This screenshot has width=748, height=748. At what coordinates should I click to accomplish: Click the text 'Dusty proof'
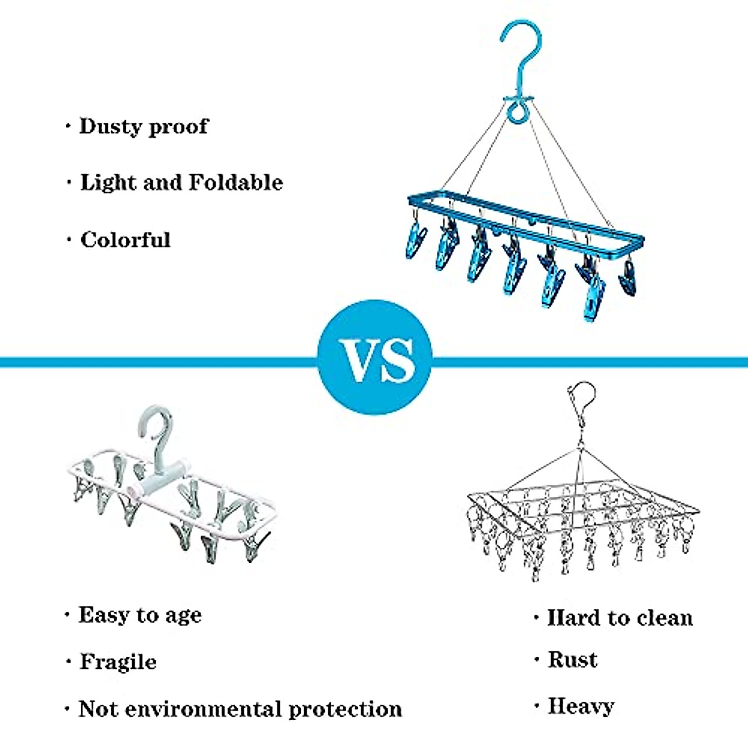[143, 127]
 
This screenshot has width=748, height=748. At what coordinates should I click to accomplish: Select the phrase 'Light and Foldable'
[181, 183]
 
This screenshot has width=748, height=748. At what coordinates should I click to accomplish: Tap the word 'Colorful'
[125, 240]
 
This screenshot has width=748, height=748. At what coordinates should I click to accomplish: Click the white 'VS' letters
[376, 360]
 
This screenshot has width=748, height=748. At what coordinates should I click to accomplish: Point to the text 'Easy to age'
[140, 616]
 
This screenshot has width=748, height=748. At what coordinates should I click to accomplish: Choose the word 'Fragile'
[118, 661]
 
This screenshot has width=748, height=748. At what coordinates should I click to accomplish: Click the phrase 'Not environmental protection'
[240, 709]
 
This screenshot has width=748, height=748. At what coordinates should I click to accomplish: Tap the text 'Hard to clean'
[620, 618]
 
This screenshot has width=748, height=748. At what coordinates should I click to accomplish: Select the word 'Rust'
[572, 660]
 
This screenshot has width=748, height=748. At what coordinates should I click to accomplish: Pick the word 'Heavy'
[580, 706]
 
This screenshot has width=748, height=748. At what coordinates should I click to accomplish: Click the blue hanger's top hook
[521, 50]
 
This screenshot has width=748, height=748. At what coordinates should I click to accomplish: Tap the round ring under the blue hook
[515, 113]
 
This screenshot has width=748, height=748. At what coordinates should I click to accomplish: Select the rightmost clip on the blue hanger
[628, 279]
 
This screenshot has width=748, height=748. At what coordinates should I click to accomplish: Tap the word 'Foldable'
[236, 183]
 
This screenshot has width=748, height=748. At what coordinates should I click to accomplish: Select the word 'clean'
[664, 618]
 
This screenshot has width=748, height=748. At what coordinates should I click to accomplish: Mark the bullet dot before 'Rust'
[536, 660]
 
